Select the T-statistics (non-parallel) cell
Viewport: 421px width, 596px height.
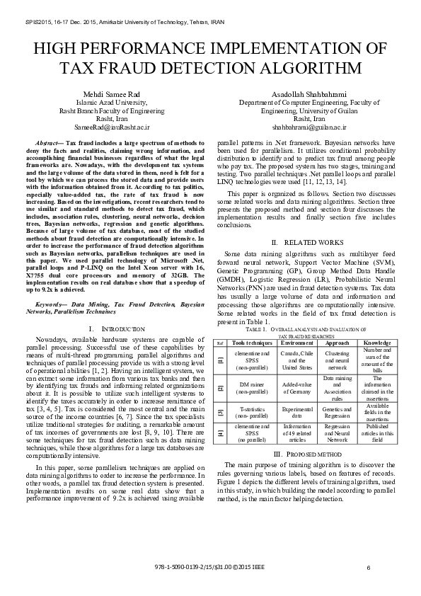[x=252, y=413]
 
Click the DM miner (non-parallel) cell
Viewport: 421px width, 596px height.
[x=252, y=388]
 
